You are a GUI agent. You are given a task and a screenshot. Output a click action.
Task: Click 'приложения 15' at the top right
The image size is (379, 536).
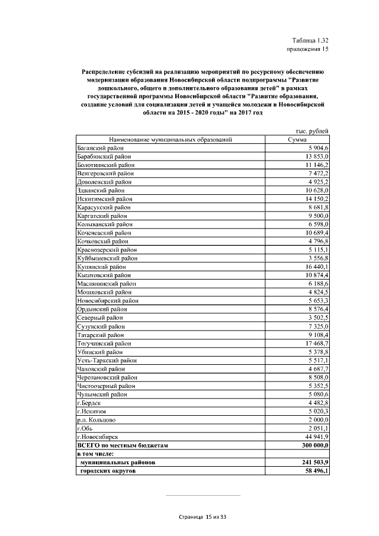click(x=307, y=49)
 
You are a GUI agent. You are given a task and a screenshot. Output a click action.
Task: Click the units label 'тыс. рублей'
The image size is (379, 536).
click(x=311, y=131)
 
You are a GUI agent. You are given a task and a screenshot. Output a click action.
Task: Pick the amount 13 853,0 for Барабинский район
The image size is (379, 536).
click(x=316, y=156)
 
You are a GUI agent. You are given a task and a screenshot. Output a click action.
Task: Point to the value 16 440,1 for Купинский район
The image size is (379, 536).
click(x=316, y=267)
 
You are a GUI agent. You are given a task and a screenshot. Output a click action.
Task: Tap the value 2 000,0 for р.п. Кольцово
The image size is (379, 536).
click(x=318, y=419)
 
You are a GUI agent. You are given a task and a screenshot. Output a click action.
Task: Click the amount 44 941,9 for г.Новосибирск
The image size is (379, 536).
click(x=316, y=436)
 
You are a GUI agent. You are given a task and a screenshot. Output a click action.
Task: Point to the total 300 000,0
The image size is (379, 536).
click(x=314, y=445)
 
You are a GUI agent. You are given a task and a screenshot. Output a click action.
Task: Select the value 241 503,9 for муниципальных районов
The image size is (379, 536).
click(x=314, y=462)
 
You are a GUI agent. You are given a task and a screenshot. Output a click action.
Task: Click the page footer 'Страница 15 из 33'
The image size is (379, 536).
click(x=203, y=517)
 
